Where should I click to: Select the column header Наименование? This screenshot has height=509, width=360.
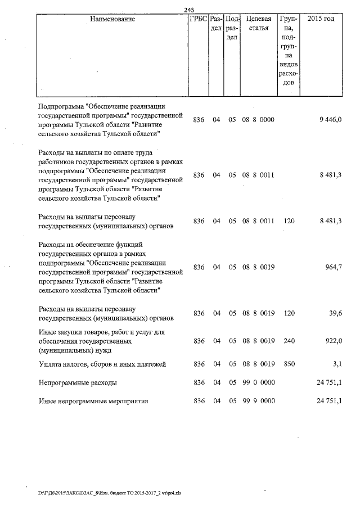(112, 19)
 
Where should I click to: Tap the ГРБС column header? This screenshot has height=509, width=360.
(197, 19)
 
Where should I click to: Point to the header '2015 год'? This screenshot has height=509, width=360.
(321, 19)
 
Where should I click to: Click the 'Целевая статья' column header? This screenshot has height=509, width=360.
(258, 24)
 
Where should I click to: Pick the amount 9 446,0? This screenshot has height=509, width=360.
(330, 120)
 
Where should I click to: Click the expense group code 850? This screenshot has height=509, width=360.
(289, 364)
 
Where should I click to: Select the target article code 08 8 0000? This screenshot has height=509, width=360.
(258, 120)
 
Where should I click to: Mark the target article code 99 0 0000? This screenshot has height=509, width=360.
(258, 383)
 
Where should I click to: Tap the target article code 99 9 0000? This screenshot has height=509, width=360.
(258, 401)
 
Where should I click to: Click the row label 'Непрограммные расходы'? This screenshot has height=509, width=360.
(78, 383)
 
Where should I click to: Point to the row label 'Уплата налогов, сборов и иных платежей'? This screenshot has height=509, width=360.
(102, 364)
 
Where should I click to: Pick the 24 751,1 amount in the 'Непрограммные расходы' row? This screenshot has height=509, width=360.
(329, 383)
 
